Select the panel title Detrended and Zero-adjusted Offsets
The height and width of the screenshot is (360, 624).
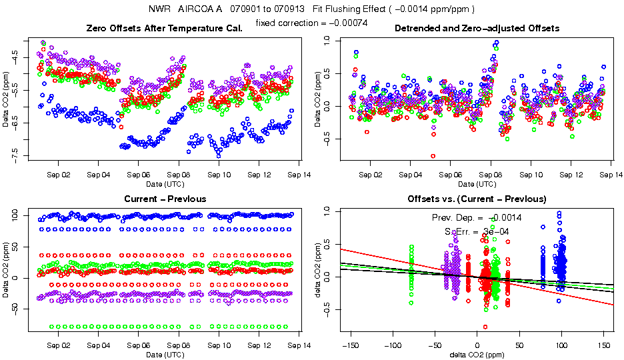pyautogui.click(x=477, y=28)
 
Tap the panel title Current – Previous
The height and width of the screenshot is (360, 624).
pyautogui.click(x=165, y=199)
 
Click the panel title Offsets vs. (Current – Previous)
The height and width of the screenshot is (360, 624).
pyautogui.click(x=477, y=199)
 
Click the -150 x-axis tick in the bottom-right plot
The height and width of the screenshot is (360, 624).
pyautogui.click(x=350, y=345)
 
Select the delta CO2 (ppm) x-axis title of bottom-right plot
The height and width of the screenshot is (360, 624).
pyautogui.click(x=477, y=354)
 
